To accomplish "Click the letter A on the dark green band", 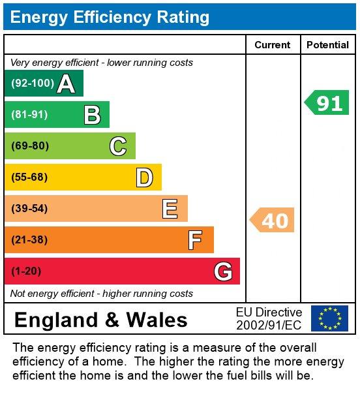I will [x=66, y=84].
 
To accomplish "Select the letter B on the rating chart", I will [x=92, y=115].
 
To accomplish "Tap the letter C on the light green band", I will [x=118, y=146].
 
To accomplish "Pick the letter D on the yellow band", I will [x=144, y=177].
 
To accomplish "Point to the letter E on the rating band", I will [x=170, y=209].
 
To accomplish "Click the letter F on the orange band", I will [x=195, y=240].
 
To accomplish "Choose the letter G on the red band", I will [x=223, y=271].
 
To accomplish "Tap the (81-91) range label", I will [x=30, y=115].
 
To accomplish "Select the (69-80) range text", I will [x=30, y=146].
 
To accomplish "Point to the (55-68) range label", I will [x=30, y=177].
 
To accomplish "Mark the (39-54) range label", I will [x=30, y=209].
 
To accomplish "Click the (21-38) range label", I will [x=30, y=240].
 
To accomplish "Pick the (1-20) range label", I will [x=26, y=271].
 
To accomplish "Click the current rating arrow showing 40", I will [x=273, y=221].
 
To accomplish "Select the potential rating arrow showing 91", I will [x=327, y=103].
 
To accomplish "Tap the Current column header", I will [x=273, y=45].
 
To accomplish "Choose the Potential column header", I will [x=327, y=45].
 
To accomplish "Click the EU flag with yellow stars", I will [x=329, y=318].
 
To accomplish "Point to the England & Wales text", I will [x=100, y=320].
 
